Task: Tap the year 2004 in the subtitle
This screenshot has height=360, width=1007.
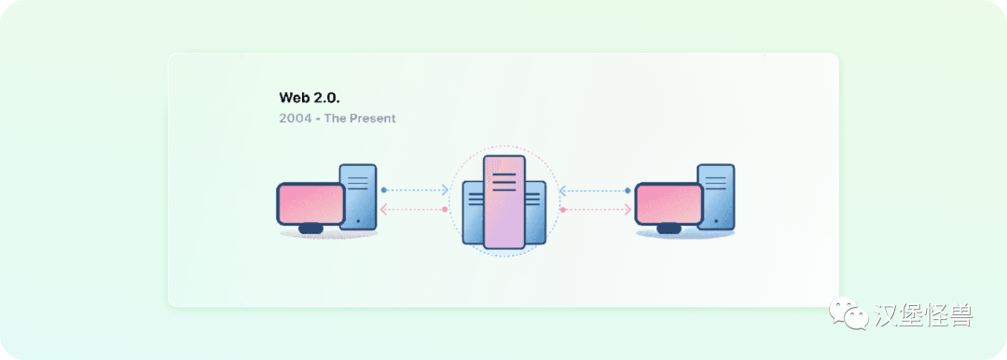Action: click(294, 118)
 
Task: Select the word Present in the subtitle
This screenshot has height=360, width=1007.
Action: click(373, 118)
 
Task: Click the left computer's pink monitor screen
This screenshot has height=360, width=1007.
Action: click(310, 202)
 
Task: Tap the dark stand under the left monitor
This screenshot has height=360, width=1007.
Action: click(310, 228)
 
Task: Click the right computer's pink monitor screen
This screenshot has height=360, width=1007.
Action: click(669, 202)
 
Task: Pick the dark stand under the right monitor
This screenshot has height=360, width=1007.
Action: click(669, 228)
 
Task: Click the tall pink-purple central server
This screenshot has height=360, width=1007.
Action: click(504, 202)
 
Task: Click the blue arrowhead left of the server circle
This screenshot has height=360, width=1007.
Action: click(445, 190)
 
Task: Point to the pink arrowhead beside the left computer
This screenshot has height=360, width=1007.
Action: click(386, 210)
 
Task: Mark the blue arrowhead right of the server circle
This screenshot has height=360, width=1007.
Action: click(562, 190)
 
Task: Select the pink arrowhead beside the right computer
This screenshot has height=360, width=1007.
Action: click(621, 210)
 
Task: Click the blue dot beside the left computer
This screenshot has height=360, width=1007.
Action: click(383, 190)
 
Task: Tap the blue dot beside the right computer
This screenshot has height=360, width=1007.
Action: click(628, 190)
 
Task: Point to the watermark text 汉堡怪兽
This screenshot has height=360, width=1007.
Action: click(923, 315)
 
